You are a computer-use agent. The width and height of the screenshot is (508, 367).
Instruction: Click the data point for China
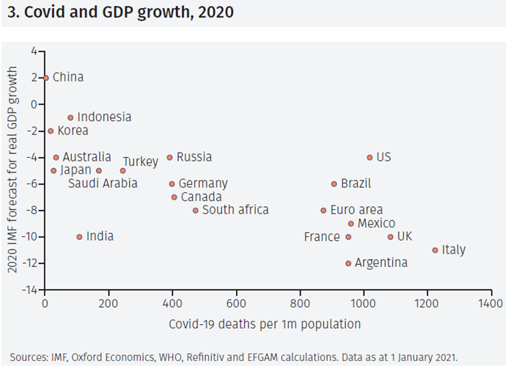[45, 78]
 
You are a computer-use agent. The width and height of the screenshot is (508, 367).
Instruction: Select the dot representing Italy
[435, 250]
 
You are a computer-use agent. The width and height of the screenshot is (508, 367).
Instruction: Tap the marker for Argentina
[348, 263]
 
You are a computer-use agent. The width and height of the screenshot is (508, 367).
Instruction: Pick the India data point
[79, 236]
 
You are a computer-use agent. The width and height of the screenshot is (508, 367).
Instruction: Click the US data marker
[369, 157]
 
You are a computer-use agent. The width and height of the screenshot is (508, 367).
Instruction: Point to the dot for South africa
[195, 211]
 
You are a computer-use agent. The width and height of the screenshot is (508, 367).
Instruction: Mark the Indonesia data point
[70, 117]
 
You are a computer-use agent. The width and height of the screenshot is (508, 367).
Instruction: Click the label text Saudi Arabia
[103, 183]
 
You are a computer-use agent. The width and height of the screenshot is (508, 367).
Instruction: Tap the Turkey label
[140, 161]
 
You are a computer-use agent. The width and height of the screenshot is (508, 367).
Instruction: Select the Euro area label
[356, 210]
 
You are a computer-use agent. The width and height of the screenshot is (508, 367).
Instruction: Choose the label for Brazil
[356, 183]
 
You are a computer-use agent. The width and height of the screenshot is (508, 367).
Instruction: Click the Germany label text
[203, 183]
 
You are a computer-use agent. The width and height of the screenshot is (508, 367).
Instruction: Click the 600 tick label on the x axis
[236, 302]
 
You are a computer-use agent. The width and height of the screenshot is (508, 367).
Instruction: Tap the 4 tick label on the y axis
[34, 51]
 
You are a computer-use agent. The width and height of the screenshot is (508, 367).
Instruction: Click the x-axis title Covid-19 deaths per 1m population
[265, 324]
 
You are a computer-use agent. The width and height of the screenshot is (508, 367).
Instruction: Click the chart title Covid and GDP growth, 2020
[119, 13]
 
